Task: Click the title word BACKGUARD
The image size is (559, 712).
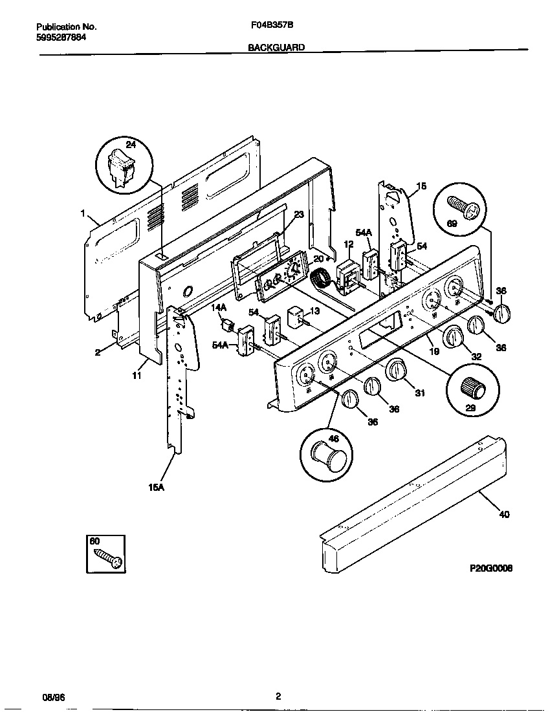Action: pyautogui.click(x=276, y=48)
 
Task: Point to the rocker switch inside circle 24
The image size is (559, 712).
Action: pyautogui.click(x=120, y=167)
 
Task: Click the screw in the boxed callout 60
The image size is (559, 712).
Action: pyautogui.click(x=107, y=557)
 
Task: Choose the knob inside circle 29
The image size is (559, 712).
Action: pyautogui.click(x=473, y=389)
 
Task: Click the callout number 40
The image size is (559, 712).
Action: pyautogui.click(x=504, y=515)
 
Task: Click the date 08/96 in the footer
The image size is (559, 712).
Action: pyautogui.click(x=54, y=696)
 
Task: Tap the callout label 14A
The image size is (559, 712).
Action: pyautogui.click(x=219, y=308)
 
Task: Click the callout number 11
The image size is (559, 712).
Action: pyautogui.click(x=137, y=375)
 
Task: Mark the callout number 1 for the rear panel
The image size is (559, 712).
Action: pyautogui.click(x=83, y=212)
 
